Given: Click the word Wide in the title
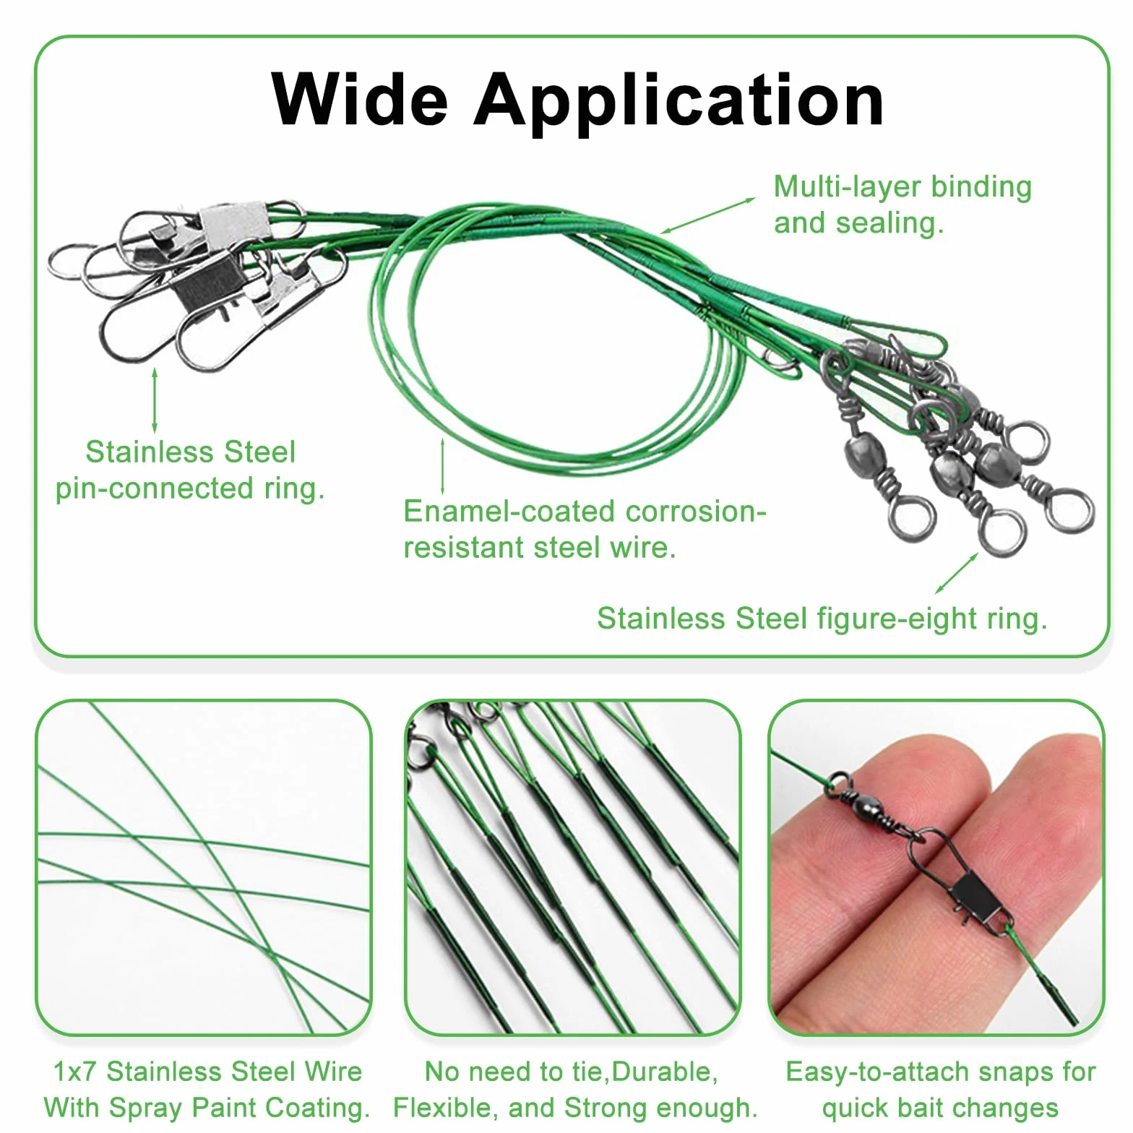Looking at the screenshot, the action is tap(359, 99).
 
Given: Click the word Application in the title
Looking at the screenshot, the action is tap(678, 102).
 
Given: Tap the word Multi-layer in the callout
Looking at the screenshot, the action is tap(848, 187).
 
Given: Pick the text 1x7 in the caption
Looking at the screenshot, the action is tap(75, 1071).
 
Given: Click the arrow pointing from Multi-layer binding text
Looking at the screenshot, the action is tap(707, 215).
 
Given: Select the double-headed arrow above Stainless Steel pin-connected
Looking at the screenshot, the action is tap(154, 401).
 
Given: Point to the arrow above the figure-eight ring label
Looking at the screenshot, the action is tap(957, 573).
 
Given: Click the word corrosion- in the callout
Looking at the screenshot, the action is tap(694, 511).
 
